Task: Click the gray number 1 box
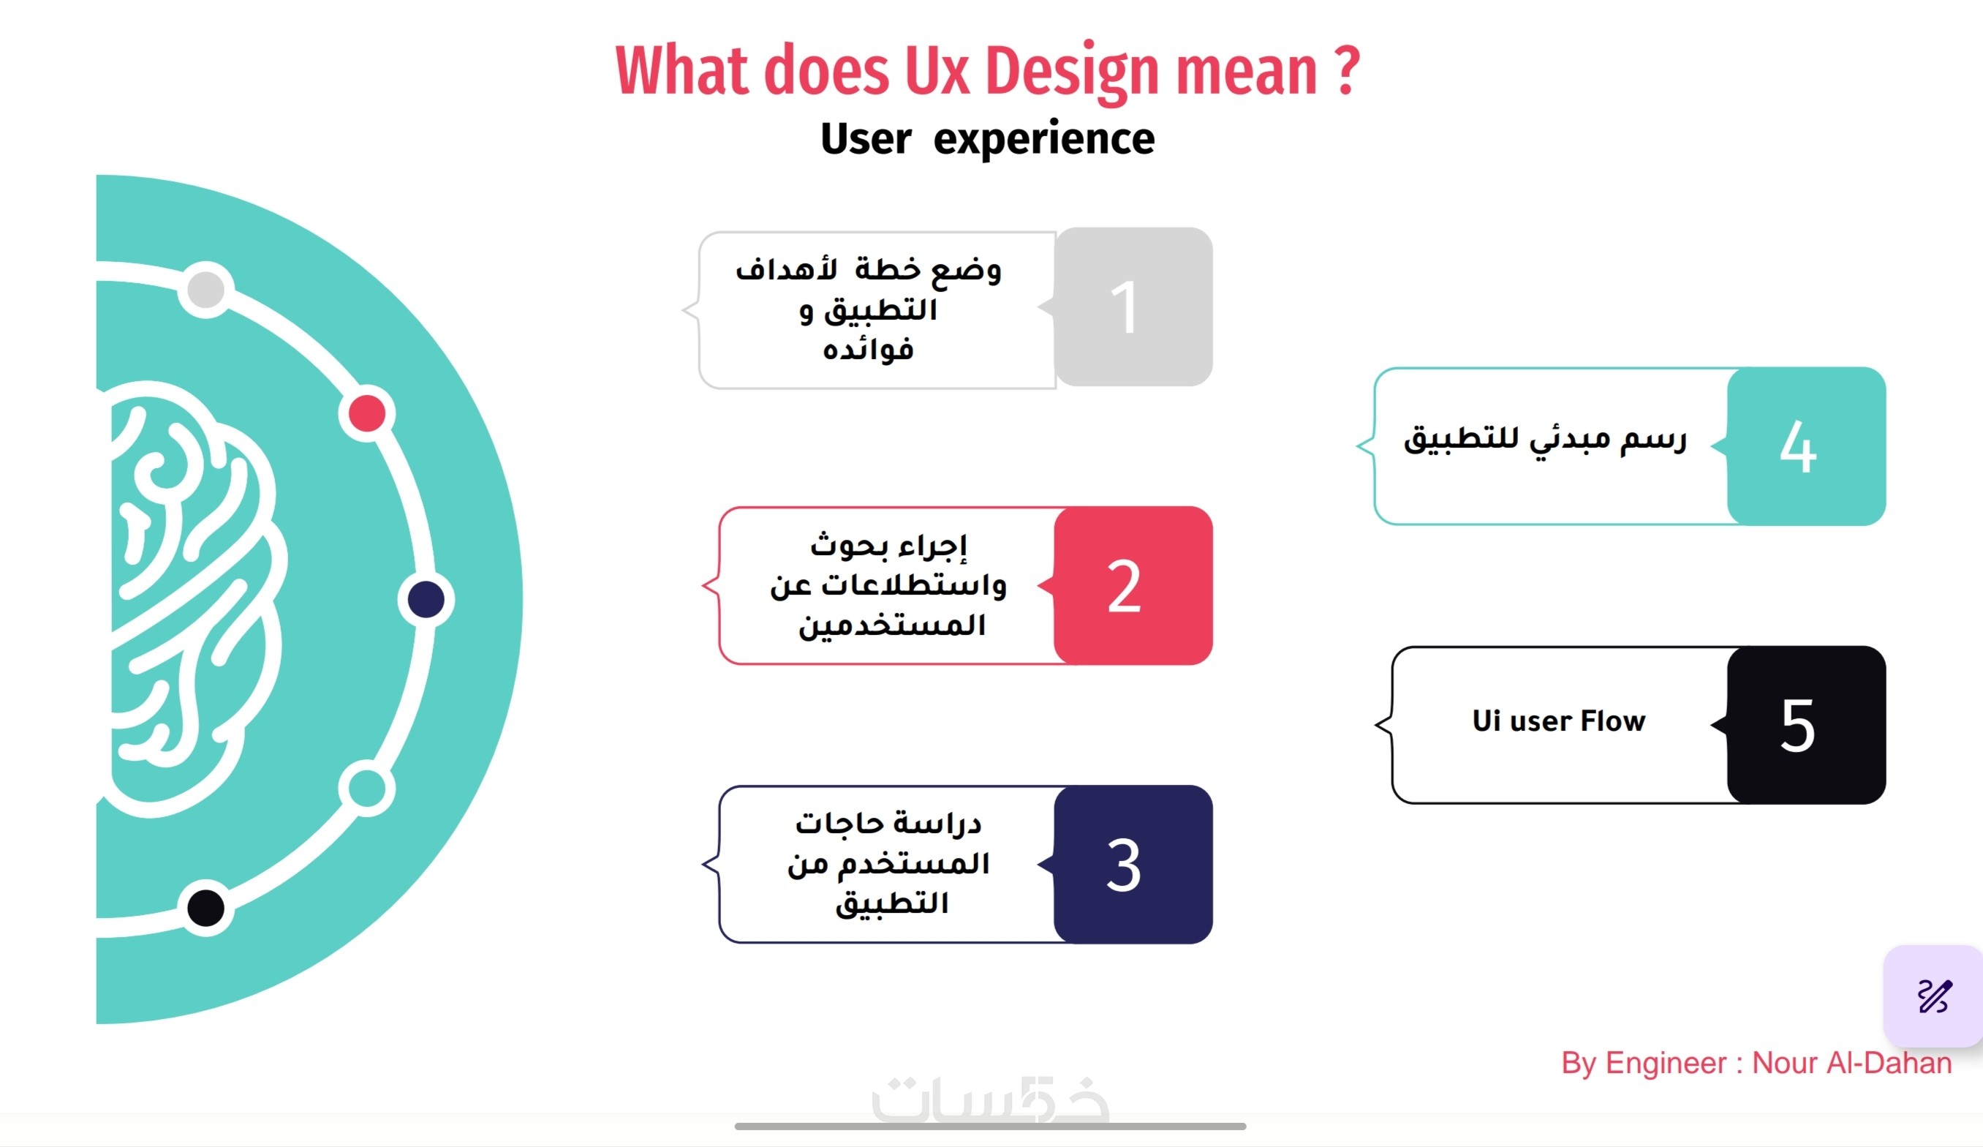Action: tap(1133, 307)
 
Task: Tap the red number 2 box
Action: tap(1133, 586)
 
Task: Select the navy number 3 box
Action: tap(1133, 865)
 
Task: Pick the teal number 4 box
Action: tap(1807, 446)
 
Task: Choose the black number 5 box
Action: tap(1807, 725)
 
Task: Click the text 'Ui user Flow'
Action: tap(1559, 721)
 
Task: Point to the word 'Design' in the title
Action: tap(1072, 72)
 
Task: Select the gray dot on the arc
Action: tap(206, 290)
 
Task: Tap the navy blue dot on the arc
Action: tap(426, 600)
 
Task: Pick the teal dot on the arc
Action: tap(367, 788)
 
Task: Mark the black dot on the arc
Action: tap(206, 909)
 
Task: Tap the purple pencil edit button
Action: tap(1933, 996)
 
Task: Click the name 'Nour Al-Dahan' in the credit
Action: tap(1852, 1064)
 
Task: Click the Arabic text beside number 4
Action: tap(1546, 440)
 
